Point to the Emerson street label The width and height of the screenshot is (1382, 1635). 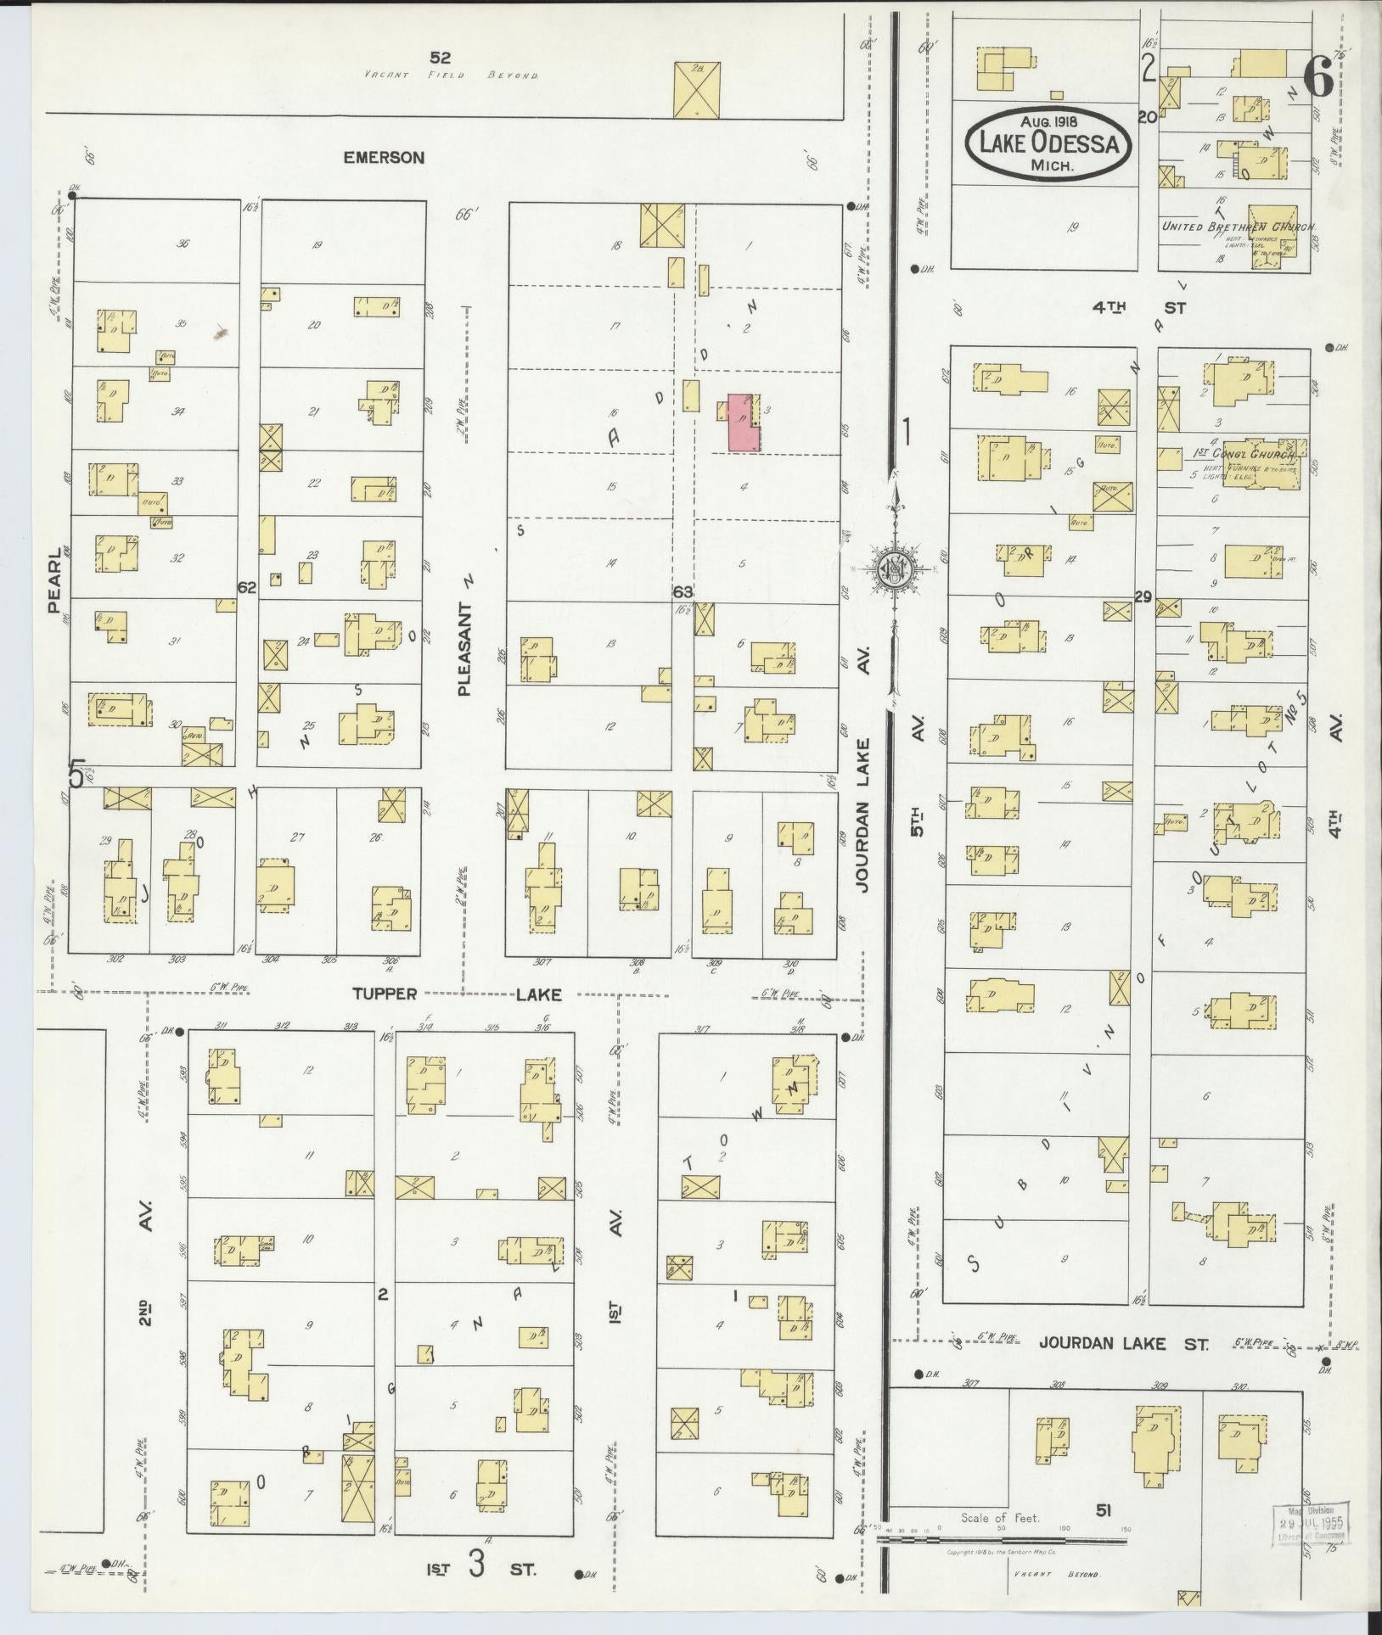383,157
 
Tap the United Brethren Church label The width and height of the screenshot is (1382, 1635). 1239,227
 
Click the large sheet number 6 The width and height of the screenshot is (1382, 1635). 1317,78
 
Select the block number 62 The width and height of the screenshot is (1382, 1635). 247,586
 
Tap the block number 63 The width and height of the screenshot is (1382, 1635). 683,591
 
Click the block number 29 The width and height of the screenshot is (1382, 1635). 1143,597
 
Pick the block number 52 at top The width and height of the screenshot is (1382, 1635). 440,58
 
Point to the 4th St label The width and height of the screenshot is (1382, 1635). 1137,308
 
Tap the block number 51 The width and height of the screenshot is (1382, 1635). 1104,1509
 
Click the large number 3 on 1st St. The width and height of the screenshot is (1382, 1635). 475,1564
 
